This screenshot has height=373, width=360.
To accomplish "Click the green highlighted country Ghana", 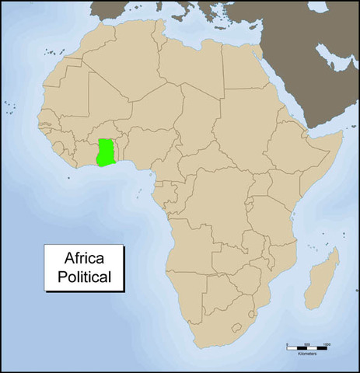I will coord(105,152).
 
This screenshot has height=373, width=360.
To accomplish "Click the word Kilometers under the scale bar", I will coord(307,354).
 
